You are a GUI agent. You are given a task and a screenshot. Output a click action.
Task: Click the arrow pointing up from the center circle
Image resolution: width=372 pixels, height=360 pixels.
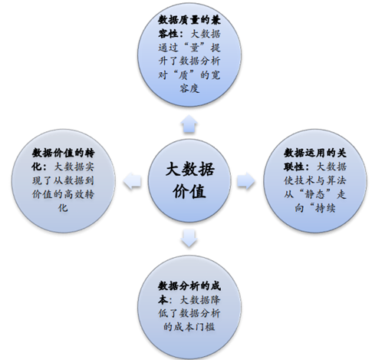pyautogui.click(x=189, y=124)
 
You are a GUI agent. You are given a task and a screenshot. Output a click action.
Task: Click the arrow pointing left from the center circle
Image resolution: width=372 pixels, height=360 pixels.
pyautogui.click(x=132, y=180)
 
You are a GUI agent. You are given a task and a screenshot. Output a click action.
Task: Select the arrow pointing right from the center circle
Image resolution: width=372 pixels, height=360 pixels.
pyautogui.click(x=246, y=180)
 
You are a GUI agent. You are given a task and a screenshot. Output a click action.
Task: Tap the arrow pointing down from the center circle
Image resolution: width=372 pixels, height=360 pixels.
pyautogui.click(x=189, y=238)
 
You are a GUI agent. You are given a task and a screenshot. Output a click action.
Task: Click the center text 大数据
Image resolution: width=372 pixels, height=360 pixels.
pyautogui.click(x=189, y=169)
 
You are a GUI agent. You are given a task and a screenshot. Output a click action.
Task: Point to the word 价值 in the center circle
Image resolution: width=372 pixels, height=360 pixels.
pyautogui.click(x=189, y=191)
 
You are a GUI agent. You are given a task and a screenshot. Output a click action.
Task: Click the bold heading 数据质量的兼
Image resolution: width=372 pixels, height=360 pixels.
pyautogui.click(x=189, y=20)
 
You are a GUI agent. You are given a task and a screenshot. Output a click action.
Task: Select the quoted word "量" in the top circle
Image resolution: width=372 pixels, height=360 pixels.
pyautogui.click(x=194, y=48)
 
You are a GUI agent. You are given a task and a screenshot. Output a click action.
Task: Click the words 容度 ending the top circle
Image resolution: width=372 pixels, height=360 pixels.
pyautogui.click(x=189, y=88)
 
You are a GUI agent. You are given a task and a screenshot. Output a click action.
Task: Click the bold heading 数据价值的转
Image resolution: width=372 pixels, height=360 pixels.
pyautogui.click(x=63, y=153)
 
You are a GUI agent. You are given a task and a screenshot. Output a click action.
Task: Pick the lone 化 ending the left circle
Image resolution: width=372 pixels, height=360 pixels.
pyautogui.click(x=63, y=207)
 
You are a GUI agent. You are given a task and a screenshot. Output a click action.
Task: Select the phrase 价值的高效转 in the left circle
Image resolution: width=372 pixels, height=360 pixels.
pyautogui.click(x=63, y=194)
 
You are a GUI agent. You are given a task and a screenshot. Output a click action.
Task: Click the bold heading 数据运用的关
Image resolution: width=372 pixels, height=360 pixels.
pyautogui.click(x=315, y=153)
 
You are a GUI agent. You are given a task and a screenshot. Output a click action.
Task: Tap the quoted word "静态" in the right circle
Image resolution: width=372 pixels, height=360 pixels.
pyautogui.click(x=315, y=194)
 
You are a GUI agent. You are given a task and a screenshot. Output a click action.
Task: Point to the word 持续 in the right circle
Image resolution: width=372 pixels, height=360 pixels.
pyautogui.click(x=325, y=207)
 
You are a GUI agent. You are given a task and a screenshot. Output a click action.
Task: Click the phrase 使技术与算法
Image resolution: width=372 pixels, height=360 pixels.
pyautogui.click(x=315, y=180)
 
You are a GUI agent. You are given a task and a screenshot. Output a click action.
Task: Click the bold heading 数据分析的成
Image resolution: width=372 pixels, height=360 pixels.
pyautogui.click(x=189, y=286)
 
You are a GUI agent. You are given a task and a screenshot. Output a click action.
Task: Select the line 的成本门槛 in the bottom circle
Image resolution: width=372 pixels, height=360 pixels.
pyautogui.click(x=189, y=326)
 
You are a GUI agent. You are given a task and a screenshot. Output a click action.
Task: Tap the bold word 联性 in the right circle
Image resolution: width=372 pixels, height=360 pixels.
pyautogui.click(x=294, y=167)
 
